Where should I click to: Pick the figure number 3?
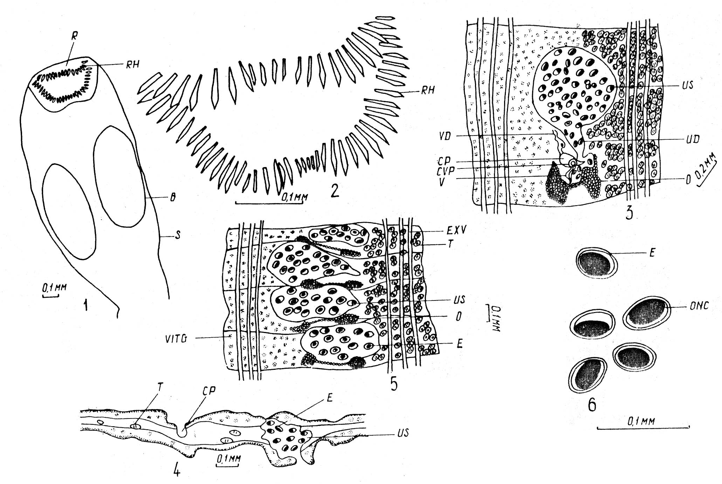(x=629, y=211)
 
